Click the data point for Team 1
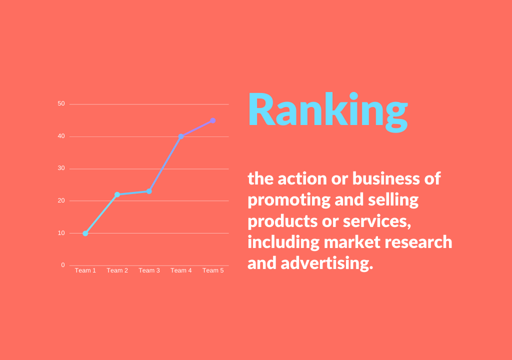(x=85, y=233)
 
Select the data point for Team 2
(x=117, y=194)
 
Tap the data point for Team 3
(x=149, y=191)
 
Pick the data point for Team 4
(x=181, y=136)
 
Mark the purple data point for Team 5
(x=213, y=120)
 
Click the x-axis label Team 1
(x=85, y=270)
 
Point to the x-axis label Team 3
(x=149, y=270)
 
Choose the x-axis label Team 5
(x=213, y=270)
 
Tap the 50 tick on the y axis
(x=61, y=104)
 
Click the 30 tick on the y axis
(x=61, y=168)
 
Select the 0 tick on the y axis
(x=63, y=265)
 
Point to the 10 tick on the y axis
(x=61, y=233)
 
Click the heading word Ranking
(x=327, y=111)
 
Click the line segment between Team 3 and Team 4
(x=165, y=163)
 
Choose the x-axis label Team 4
(x=181, y=270)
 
